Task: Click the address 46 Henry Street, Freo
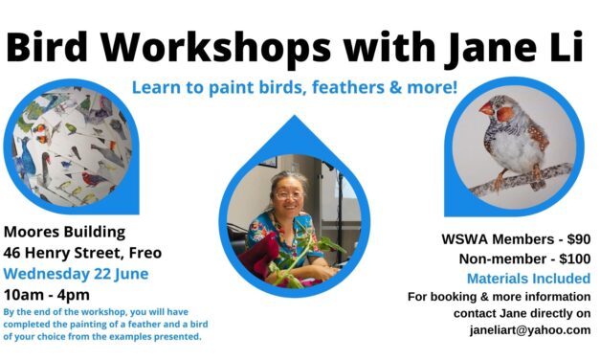click(83, 254)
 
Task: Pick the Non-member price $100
click(570, 259)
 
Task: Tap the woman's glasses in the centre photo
click(287, 195)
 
